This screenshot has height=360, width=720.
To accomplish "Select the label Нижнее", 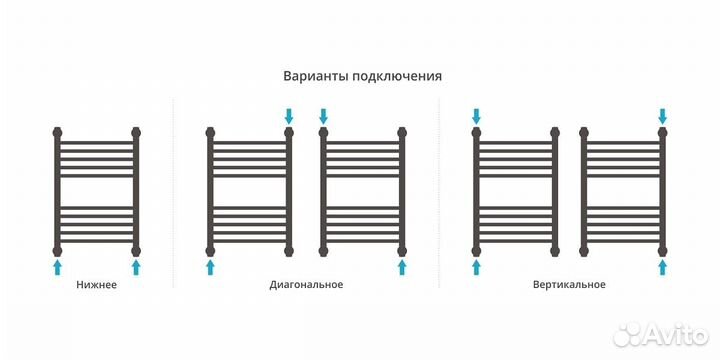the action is (x=96, y=285).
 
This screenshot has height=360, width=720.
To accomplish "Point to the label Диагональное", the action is (x=306, y=285).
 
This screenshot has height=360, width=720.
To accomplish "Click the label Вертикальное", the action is (x=569, y=285).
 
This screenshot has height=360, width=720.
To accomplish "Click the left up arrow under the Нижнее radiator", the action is (x=57, y=265).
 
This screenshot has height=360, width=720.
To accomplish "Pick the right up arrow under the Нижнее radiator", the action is (x=136, y=265).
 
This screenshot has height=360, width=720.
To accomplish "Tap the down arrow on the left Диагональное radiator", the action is (x=289, y=116).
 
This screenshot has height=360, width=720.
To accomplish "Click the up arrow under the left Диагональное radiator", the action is (x=210, y=265).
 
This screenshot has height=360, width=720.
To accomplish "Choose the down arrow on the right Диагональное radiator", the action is (x=323, y=116).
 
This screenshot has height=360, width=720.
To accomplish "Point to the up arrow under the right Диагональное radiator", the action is (x=402, y=265).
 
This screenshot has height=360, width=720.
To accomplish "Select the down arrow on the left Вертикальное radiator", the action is (x=476, y=116).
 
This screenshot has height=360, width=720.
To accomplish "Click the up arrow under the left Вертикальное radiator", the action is (x=476, y=265).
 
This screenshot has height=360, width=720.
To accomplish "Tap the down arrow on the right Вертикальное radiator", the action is (x=662, y=116).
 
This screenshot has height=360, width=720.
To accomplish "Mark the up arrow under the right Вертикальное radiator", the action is (x=662, y=265).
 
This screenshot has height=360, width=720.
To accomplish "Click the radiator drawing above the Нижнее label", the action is (x=96, y=190).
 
